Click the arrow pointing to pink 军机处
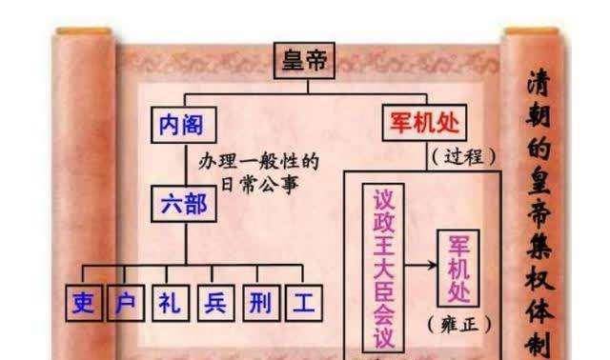(421, 266)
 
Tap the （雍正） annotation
(459, 324)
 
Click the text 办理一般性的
(258, 161)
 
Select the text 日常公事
(260, 184)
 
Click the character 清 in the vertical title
(539, 83)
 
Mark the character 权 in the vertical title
(539, 278)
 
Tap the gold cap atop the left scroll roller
(84, 31)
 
